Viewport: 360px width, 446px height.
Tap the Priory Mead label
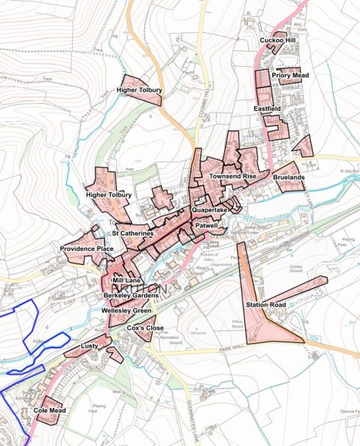(290, 76)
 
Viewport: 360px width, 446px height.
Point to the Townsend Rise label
(233, 176)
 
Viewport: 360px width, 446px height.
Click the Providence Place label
(87, 249)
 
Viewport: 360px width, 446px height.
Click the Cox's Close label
(145, 329)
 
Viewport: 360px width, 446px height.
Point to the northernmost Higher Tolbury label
(139, 91)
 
